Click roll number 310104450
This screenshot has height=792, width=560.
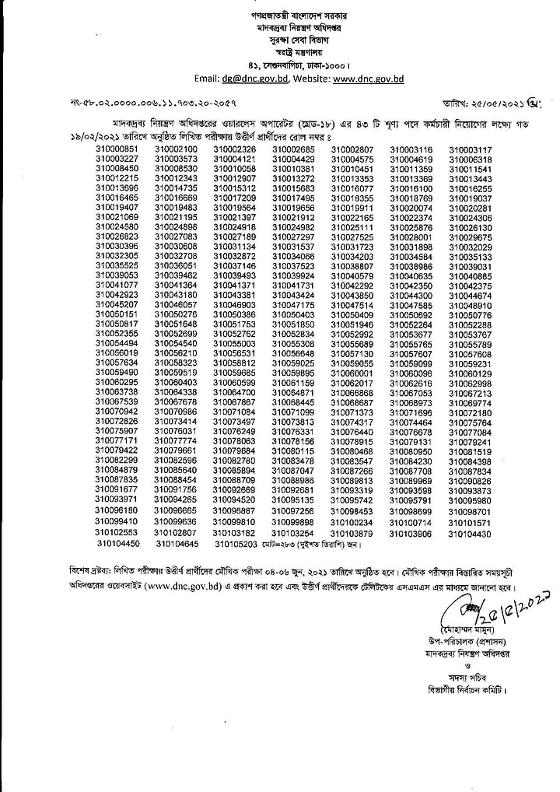tap(119, 544)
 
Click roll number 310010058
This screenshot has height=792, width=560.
tap(235, 169)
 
